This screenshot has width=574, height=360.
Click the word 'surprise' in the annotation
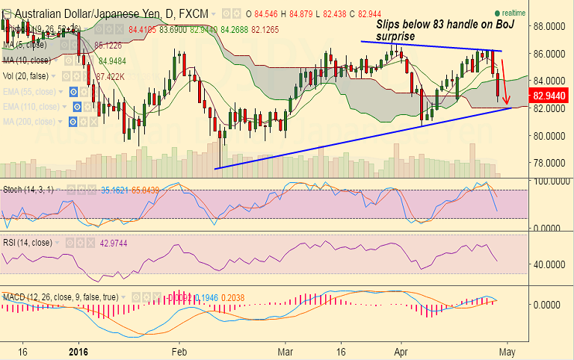point(397,35)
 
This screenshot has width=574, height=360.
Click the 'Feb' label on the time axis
point(179,350)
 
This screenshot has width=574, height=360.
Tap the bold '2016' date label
point(78,350)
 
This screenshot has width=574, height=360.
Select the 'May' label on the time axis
point(508,350)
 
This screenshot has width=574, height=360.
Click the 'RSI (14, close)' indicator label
point(27,243)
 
